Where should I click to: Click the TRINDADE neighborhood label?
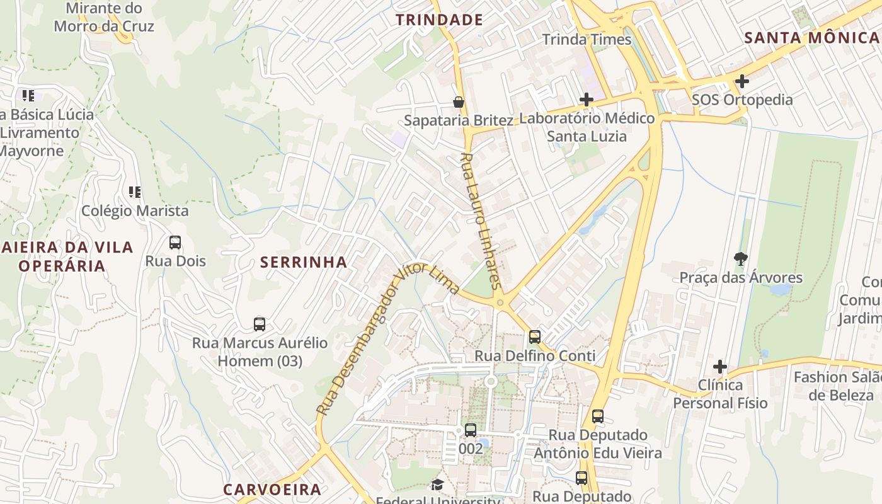439,20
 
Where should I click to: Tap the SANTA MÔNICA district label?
812,38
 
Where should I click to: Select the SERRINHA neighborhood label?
304,262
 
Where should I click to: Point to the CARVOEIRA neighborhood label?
272,490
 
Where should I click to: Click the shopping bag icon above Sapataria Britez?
459,102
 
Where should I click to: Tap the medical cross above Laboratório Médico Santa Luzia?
587,100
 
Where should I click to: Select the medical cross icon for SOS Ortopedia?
742,81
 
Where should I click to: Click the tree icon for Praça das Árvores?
741,258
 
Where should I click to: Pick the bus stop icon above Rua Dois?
175,243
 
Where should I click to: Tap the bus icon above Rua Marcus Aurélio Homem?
260,324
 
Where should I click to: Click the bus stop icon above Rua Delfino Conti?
535,337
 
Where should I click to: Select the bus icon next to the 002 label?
471,430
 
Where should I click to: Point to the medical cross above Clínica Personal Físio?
720,367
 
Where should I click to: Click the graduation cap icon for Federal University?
437,484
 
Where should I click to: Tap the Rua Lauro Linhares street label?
480,220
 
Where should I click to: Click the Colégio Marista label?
135,211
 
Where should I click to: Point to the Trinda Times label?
587,40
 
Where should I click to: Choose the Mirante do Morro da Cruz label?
104,18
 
